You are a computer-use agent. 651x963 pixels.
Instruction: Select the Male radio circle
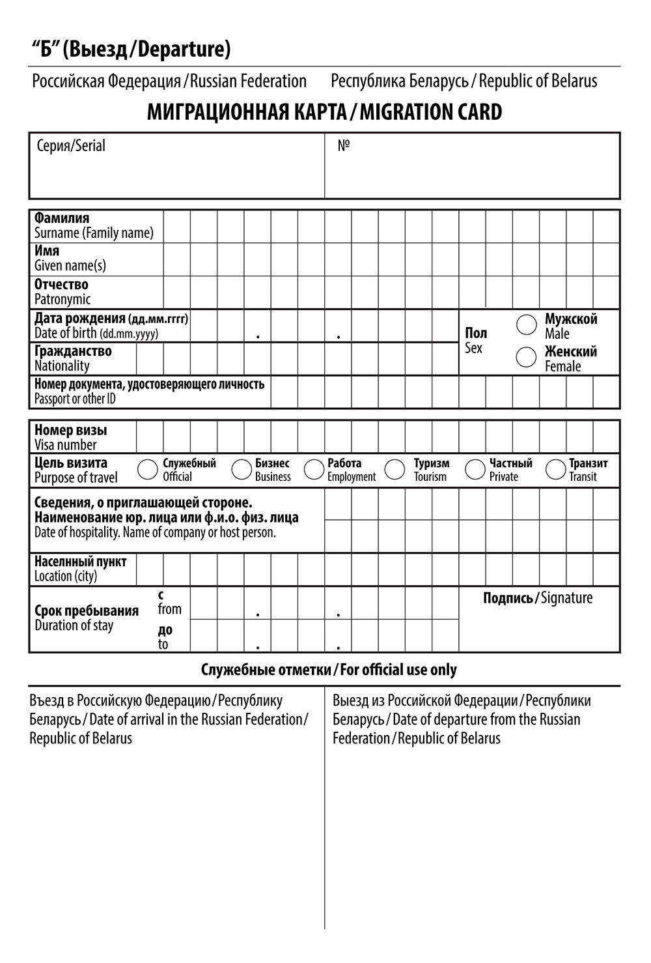526,324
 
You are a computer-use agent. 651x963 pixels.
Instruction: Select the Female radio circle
526,357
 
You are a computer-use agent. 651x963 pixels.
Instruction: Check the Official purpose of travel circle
148,469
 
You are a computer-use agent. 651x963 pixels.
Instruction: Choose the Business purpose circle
242,469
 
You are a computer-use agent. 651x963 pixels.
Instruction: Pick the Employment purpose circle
314,469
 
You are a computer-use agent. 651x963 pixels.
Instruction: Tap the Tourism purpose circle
395,469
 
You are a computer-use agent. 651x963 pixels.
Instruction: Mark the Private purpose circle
475,469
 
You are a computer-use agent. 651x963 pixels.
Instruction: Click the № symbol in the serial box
344,145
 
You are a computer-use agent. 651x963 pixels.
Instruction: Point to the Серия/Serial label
71,145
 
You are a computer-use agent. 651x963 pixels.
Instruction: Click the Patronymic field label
62,300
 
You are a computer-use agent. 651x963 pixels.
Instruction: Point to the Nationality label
62,366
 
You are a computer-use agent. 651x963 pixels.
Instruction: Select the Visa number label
65,446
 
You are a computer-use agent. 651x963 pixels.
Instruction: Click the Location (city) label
66,577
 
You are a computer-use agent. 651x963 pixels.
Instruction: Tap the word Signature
566,598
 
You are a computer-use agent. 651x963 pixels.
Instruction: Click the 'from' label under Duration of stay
169,610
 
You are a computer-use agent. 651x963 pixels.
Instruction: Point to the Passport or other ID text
75,399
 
